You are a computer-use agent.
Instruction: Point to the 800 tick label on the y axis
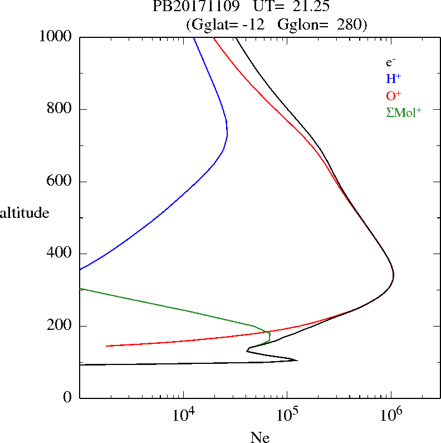(60, 109)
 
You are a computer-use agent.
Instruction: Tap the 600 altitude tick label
(60, 182)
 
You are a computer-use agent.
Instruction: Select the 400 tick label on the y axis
(60, 254)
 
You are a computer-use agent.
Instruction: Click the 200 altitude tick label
(60, 326)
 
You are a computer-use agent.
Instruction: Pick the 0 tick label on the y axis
(68, 398)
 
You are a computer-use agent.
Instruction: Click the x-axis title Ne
(259, 438)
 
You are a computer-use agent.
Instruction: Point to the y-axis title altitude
(25, 213)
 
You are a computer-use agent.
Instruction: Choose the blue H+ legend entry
(393, 79)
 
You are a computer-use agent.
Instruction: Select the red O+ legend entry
(394, 95)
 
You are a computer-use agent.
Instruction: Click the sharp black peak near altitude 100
(297, 361)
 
